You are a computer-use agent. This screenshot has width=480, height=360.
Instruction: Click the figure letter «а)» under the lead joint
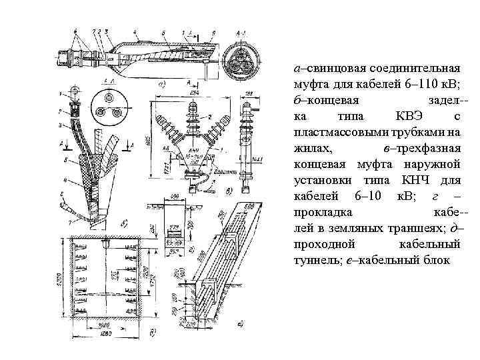click(161, 85)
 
